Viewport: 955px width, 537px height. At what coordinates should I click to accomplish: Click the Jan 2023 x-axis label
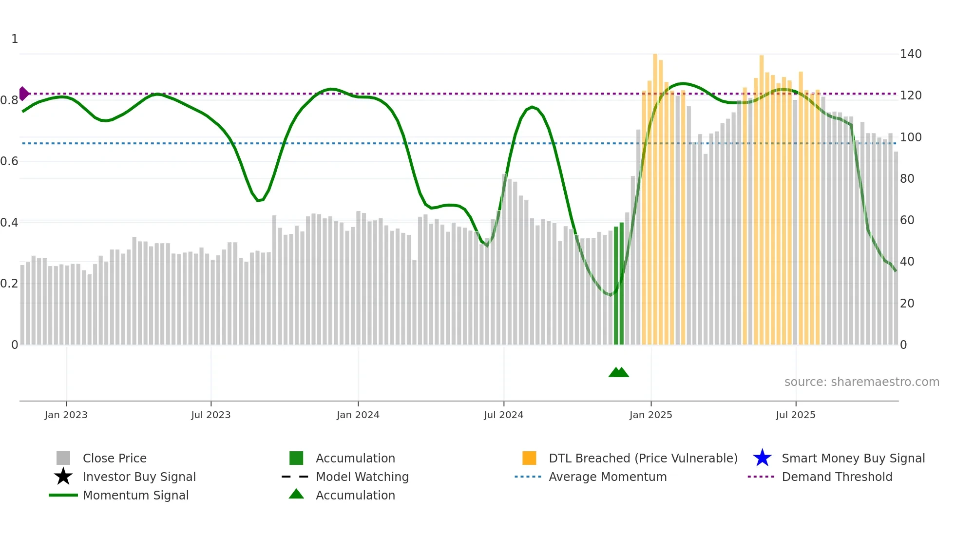[66, 415]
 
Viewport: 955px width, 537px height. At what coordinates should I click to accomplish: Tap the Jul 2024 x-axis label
[503, 415]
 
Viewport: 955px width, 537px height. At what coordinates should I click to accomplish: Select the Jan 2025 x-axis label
[650, 415]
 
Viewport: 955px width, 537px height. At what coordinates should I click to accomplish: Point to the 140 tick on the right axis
[911, 54]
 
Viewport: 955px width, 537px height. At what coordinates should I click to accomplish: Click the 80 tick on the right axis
[907, 179]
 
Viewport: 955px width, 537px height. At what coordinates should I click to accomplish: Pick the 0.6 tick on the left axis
[9, 161]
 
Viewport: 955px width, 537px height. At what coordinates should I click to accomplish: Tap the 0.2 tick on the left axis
[9, 284]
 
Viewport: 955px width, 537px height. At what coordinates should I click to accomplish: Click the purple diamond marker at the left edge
[23, 94]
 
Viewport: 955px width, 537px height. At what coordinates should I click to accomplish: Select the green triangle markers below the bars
[619, 372]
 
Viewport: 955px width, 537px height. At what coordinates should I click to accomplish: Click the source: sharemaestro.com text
[861, 382]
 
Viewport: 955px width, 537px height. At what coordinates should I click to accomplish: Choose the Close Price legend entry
[115, 459]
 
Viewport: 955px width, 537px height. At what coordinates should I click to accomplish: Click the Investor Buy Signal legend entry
[139, 477]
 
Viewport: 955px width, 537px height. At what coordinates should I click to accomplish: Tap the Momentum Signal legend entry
[135, 496]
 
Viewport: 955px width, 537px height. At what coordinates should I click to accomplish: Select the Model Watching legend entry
[362, 477]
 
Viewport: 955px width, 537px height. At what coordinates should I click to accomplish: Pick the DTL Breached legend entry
[643, 459]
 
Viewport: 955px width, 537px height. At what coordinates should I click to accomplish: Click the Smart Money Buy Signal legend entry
[853, 459]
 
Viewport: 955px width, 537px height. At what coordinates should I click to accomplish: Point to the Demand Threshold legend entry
[837, 477]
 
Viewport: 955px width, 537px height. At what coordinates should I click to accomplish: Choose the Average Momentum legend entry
[608, 477]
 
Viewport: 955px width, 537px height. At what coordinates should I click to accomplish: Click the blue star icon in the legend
[762, 458]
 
